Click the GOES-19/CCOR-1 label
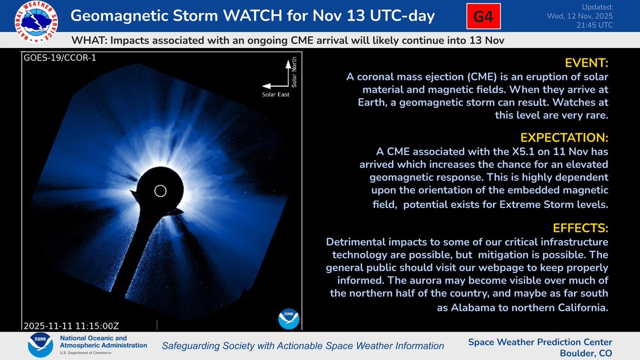[x=52, y=57]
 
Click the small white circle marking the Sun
[x=159, y=191]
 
